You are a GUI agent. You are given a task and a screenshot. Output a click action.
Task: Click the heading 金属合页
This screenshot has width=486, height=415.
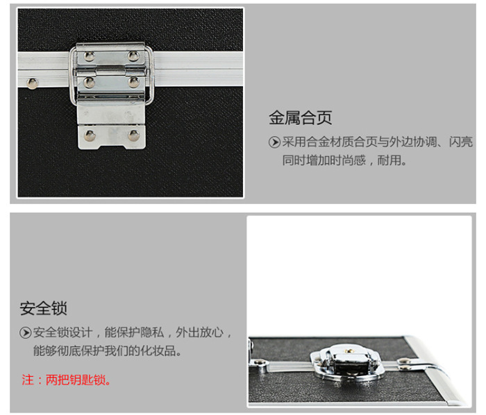301,118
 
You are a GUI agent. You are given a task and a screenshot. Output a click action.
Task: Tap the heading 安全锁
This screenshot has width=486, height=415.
43,308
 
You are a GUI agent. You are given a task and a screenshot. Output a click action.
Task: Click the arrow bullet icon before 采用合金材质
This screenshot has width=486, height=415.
274,142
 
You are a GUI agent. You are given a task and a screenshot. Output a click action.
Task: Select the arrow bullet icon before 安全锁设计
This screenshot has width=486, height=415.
26,333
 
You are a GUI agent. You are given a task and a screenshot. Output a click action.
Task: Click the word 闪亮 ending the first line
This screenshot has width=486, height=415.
461,142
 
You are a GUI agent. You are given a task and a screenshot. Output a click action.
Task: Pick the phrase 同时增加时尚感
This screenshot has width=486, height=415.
324,160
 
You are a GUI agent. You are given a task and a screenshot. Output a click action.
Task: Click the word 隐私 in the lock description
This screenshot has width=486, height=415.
152,332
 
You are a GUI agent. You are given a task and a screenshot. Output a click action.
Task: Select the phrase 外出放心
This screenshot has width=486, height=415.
200,332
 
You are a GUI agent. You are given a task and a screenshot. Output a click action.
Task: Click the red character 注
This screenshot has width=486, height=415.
28,380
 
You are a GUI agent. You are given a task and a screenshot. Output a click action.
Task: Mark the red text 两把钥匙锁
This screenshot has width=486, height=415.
76,380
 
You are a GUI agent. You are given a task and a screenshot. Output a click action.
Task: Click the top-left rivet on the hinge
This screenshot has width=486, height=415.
90,56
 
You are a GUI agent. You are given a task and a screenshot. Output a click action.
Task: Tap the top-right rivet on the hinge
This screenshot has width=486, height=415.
133,56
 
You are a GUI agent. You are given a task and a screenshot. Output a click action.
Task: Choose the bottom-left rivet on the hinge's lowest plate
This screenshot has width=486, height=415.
90,135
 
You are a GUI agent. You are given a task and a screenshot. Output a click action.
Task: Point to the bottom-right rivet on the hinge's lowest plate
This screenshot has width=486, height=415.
134,135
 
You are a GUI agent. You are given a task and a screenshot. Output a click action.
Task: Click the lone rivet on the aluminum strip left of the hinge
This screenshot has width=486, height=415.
32,83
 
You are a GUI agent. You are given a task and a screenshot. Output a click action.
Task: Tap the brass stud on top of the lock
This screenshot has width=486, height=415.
350,351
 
